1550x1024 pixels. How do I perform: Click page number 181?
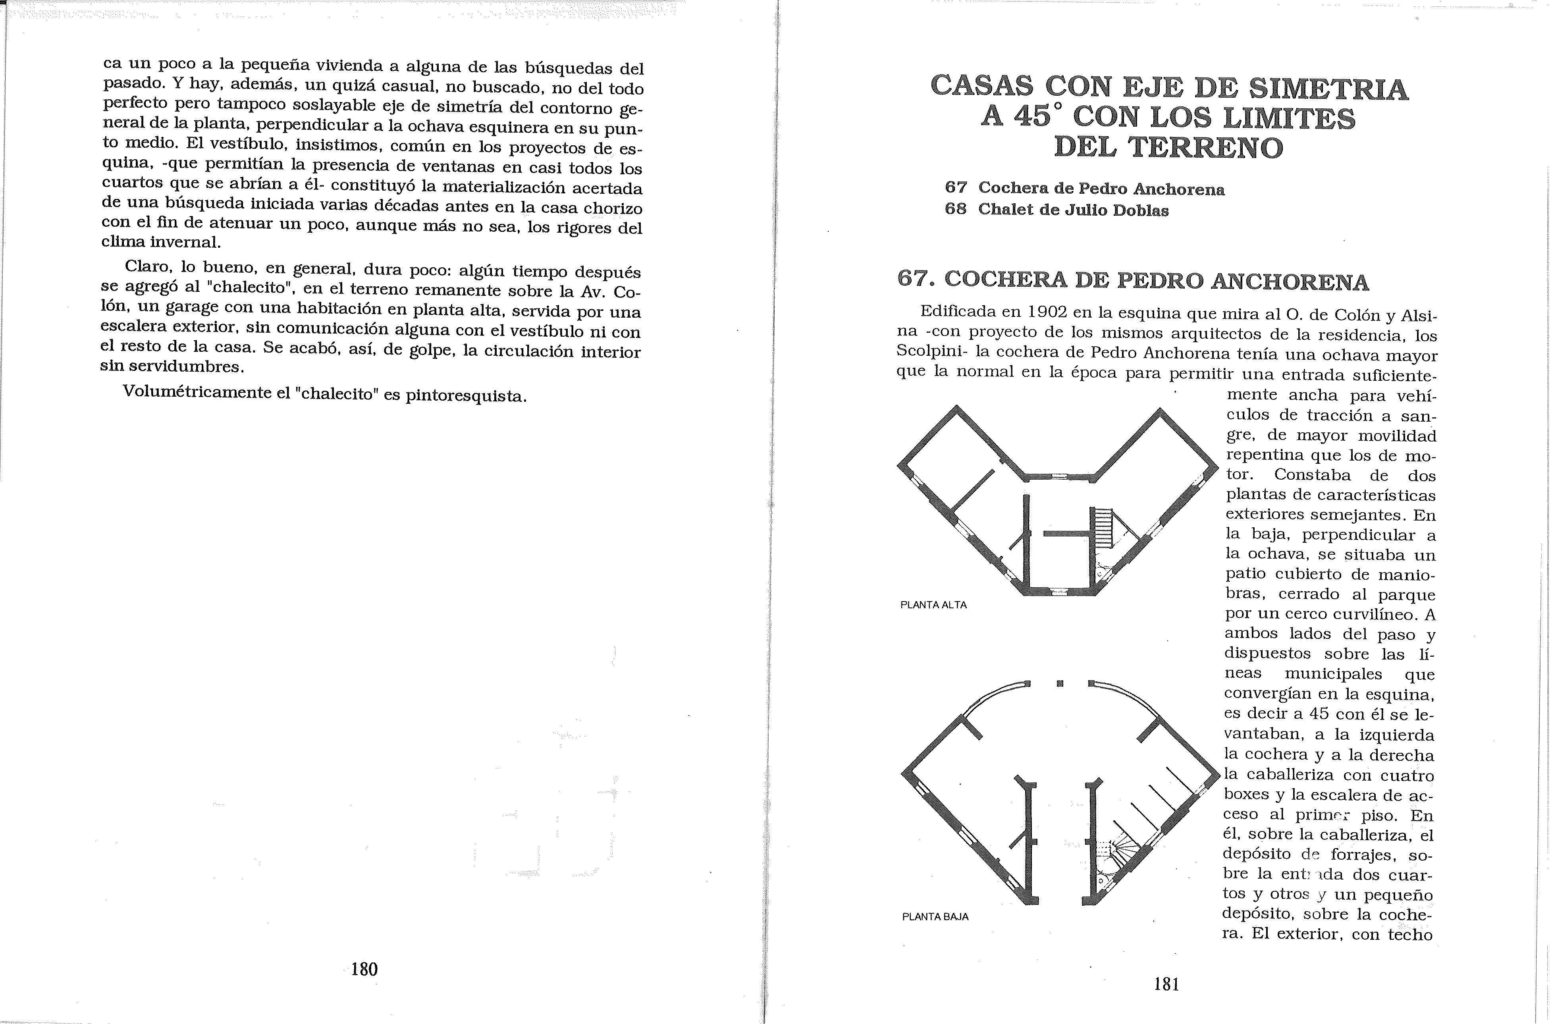coord(1166,984)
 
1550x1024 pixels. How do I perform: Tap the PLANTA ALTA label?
coord(933,605)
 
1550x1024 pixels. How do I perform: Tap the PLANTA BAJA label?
coord(935,916)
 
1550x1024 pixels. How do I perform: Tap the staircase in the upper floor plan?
coord(1103,529)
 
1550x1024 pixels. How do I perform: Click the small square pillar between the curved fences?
coord(1060,684)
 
